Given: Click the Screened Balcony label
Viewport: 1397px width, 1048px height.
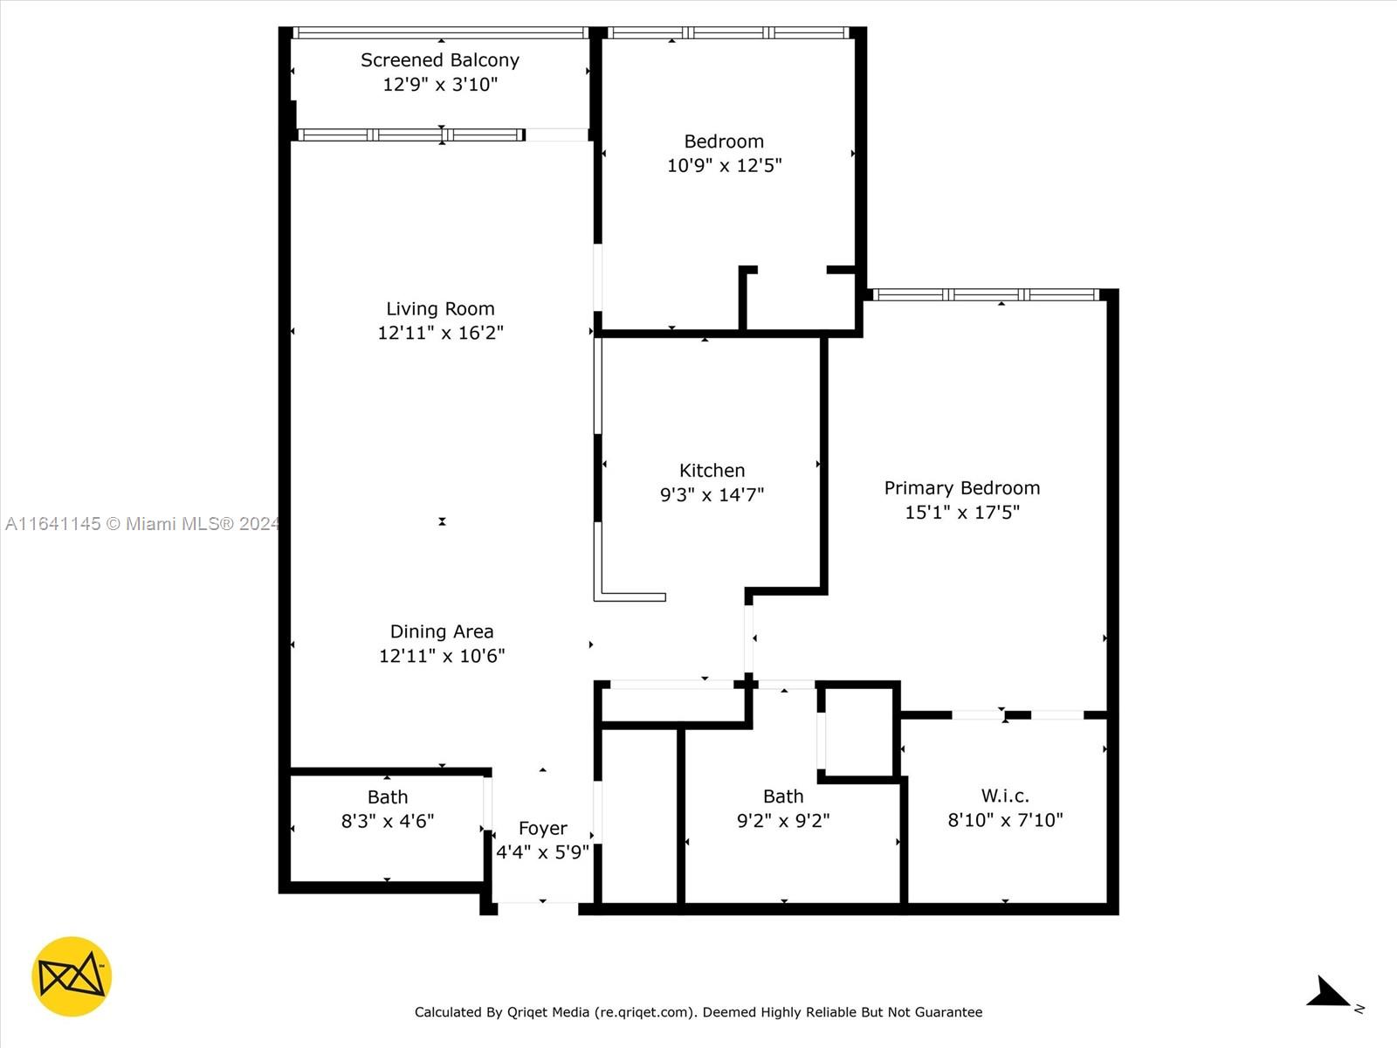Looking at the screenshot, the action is tap(440, 59).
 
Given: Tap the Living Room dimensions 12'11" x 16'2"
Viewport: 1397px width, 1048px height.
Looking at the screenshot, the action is tap(440, 332).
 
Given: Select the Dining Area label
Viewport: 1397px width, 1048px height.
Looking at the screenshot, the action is tap(442, 631).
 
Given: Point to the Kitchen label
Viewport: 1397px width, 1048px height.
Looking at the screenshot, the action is tap(712, 470).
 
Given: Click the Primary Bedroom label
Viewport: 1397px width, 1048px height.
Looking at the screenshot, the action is tap(961, 488).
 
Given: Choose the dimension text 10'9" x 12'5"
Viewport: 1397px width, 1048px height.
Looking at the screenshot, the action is tap(725, 165).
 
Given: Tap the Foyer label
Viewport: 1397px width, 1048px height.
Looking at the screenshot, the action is tap(542, 828).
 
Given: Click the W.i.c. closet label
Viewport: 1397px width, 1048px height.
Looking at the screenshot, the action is tap(1005, 796).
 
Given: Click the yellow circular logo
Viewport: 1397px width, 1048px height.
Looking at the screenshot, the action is tap(72, 976).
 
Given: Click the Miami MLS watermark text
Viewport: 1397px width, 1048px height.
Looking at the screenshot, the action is tap(142, 523).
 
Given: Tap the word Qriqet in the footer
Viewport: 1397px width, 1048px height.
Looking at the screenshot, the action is tap(527, 1011).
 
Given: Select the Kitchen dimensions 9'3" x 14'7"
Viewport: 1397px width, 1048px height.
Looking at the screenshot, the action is tap(712, 494).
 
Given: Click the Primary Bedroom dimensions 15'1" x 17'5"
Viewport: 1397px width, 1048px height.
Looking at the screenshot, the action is tap(961, 513).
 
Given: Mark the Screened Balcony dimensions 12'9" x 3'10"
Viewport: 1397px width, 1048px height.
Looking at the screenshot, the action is tap(440, 84).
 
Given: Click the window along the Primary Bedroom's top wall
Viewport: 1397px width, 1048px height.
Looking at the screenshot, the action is tap(986, 294).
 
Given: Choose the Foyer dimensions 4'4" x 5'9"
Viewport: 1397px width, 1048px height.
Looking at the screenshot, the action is tap(542, 852).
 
